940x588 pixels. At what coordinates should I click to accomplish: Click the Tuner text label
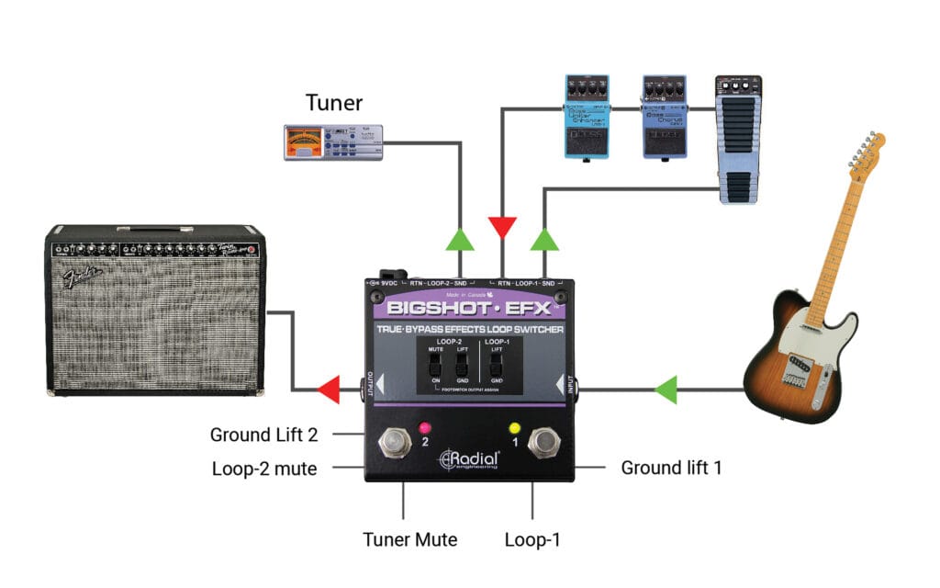334,103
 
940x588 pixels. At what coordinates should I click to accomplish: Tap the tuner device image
333,144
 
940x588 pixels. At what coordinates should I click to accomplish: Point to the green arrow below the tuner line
459,240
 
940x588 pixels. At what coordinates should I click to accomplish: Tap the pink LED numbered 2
425,428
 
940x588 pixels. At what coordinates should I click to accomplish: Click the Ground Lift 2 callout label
263,435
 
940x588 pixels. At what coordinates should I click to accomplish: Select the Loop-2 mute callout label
263,469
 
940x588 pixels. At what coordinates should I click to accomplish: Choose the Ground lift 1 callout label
671,468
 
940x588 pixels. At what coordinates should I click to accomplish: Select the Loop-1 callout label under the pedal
532,539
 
